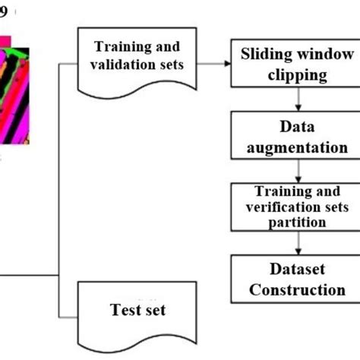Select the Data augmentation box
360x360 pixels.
(x=297, y=136)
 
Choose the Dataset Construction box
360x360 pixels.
(x=297, y=279)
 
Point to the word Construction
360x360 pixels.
(x=297, y=289)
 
